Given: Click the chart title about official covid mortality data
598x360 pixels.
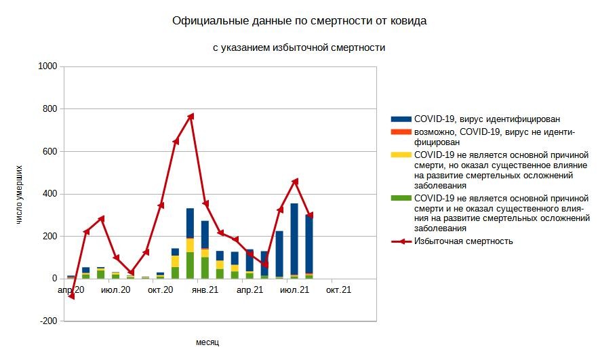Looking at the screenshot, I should click(299, 21).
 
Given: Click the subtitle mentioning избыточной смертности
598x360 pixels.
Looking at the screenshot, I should click(299, 47).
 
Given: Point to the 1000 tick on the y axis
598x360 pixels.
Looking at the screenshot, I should click(47, 66).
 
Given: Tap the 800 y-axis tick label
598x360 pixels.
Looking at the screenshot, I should click(49, 109).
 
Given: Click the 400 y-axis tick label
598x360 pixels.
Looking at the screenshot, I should click(49, 194).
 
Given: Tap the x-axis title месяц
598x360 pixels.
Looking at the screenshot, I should click(207, 342).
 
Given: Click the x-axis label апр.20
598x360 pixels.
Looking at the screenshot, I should click(71, 290).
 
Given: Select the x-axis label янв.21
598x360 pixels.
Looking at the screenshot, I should click(204, 290).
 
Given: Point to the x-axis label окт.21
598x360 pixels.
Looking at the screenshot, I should click(338, 290).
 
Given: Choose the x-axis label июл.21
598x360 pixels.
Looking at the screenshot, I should click(294, 290).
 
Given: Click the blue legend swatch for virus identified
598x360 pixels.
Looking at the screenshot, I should click(401, 119).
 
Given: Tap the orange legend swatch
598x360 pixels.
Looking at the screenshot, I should click(401, 132).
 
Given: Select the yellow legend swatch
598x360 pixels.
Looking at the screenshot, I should click(401, 155).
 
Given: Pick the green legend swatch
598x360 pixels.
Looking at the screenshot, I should click(401, 197).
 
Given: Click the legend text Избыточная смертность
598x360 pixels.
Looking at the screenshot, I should click(463, 241).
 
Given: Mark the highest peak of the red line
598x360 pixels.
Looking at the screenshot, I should click(191, 117).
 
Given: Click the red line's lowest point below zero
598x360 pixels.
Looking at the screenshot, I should click(71, 296).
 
